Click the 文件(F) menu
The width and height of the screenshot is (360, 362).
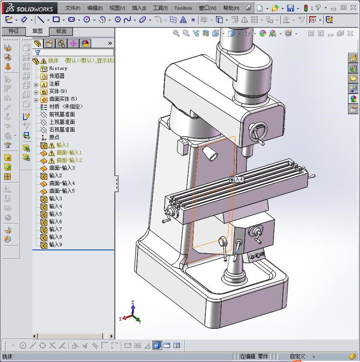[72, 8]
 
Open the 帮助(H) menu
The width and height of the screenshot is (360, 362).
[231, 8]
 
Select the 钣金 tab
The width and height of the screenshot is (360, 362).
[61, 31]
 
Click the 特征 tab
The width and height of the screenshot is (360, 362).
[14, 31]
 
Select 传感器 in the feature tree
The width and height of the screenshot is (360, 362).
[57, 76]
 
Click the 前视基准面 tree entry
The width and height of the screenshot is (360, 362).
[62, 114]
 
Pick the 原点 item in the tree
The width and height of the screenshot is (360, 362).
[54, 137]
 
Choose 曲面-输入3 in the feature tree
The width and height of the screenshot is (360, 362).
[62, 168]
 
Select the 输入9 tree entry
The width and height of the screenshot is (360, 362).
[55, 244]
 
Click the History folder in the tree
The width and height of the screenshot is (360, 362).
[58, 68]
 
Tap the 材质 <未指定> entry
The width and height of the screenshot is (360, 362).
[66, 106]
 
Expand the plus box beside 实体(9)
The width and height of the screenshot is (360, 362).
[36, 92]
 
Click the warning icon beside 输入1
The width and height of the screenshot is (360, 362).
[52, 145]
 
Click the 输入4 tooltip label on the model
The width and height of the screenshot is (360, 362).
[236, 179]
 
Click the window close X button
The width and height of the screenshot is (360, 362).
[354, 8]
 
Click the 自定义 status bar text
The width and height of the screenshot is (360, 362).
[297, 356]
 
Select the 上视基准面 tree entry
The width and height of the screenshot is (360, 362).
[62, 122]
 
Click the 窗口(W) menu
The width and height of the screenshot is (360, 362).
[207, 8]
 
